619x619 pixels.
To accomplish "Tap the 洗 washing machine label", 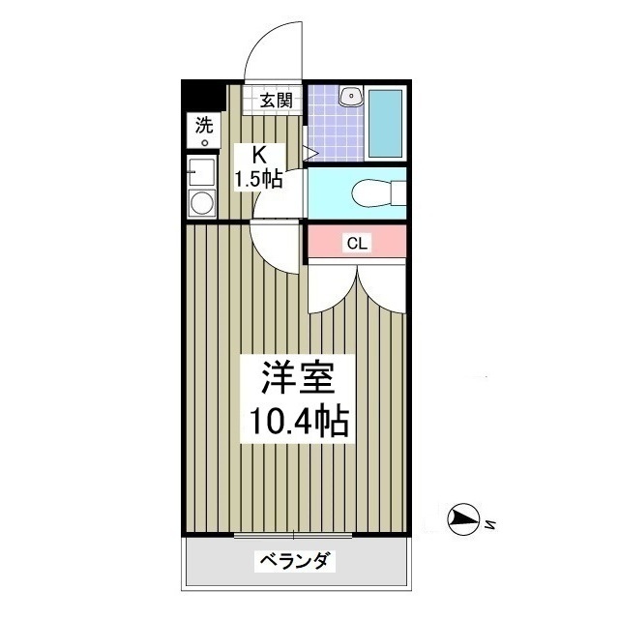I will (203, 124).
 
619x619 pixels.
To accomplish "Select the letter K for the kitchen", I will (259, 154).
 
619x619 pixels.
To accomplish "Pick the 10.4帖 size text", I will (299, 422).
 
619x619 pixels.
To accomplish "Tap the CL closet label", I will (357, 244).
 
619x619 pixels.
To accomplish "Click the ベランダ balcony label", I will (295, 561).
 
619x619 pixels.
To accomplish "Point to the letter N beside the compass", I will (491, 525).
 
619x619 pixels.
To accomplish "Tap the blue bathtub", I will (387, 126).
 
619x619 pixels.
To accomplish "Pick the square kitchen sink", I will (202, 173).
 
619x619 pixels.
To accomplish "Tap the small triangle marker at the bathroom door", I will (311, 151).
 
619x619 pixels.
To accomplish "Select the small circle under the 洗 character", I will (205, 143).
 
